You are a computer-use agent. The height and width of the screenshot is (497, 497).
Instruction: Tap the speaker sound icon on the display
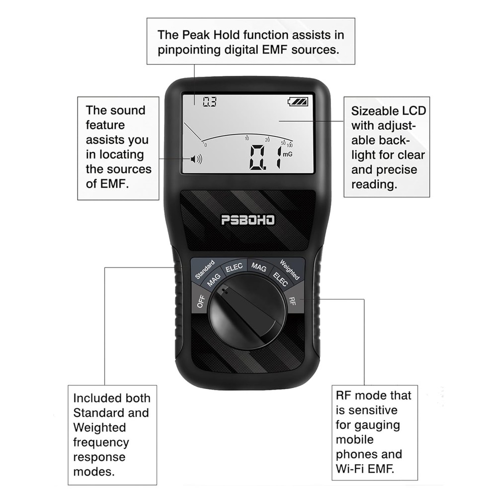(196, 160)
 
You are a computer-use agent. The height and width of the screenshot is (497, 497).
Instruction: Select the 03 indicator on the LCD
(210, 102)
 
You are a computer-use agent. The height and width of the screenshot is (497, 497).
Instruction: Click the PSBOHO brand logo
(248, 220)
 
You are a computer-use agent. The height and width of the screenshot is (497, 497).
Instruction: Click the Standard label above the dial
(204, 269)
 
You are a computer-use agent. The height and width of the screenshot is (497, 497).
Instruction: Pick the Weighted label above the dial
(289, 269)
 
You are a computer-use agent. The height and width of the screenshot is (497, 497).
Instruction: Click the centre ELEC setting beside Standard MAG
(234, 267)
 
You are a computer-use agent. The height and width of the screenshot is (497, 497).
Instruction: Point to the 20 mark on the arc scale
(267, 139)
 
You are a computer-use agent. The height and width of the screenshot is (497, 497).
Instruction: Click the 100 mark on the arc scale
(289, 145)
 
